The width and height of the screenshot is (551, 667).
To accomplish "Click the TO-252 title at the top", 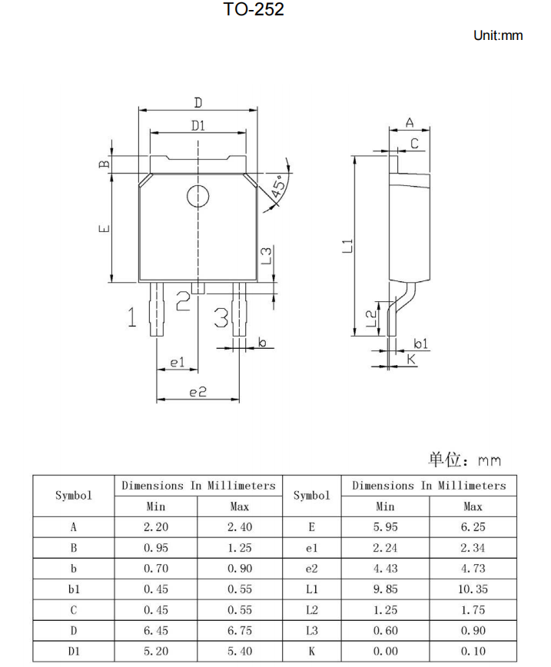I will (x=254, y=10).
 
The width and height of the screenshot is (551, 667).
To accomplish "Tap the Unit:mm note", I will (x=498, y=35).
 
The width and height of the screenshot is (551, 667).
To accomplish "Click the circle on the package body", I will (x=197, y=197).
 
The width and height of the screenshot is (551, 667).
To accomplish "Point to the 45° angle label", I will (x=279, y=184).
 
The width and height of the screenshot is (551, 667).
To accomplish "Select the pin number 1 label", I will (x=132, y=317).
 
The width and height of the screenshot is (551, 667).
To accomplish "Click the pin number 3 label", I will (x=221, y=317).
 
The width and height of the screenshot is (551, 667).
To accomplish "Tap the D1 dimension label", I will (x=198, y=126).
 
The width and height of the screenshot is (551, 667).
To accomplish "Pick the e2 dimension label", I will (x=198, y=392).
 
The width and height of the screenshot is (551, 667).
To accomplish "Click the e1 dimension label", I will (x=178, y=361).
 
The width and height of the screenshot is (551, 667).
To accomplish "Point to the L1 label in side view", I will (x=348, y=246).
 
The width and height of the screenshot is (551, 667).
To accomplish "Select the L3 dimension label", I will (x=266, y=255).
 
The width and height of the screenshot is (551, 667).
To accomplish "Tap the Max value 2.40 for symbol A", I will (x=240, y=527).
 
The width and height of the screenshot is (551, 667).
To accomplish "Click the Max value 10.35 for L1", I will (x=473, y=589).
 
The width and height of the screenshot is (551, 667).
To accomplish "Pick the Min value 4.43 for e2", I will (x=385, y=569).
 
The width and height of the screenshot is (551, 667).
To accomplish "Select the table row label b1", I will (x=74, y=589).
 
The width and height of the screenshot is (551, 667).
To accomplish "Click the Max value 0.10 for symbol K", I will (x=473, y=652).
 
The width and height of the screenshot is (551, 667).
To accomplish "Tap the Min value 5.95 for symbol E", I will (x=385, y=527).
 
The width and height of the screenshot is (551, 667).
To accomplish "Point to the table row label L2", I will (x=311, y=610).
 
